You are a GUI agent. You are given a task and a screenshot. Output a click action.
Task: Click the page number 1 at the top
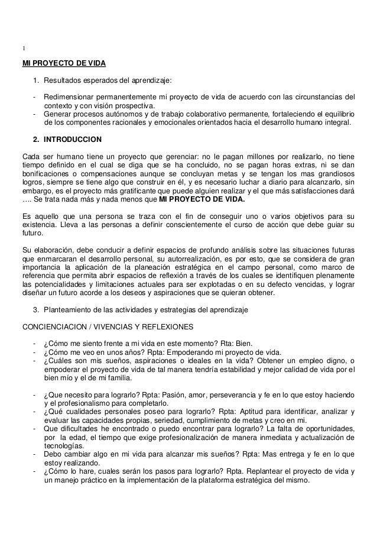22,48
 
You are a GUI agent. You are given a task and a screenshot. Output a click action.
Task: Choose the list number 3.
36,310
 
